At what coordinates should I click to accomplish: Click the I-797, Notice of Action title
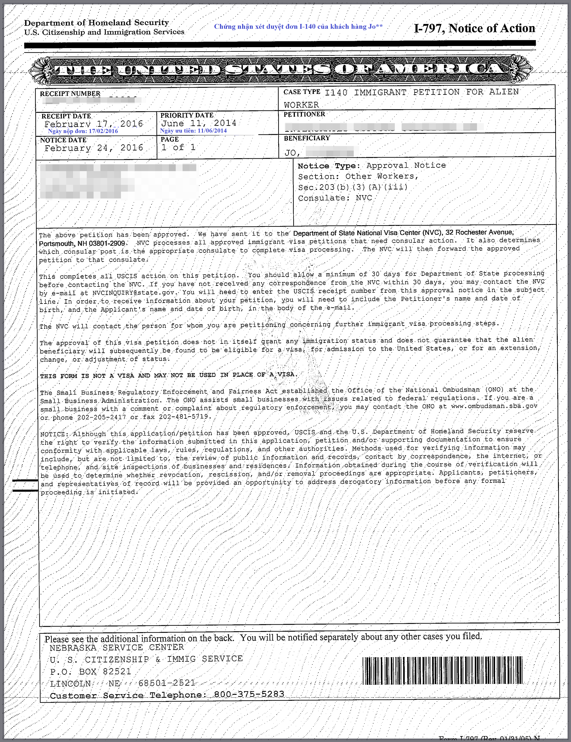(x=474, y=28)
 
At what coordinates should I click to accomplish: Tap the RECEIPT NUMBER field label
(x=70, y=93)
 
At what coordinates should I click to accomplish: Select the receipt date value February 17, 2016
(x=94, y=124)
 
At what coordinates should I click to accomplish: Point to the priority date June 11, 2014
(x=199, y=123)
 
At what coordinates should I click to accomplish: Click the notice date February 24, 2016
(x=94, y=148)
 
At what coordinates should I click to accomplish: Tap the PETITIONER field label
(x=304, y=114)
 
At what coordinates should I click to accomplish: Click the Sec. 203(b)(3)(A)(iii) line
(x=352, y=187)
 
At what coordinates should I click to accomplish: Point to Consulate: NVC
(x=335, y=198)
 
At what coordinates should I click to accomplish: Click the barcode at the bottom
(x=442, y=670)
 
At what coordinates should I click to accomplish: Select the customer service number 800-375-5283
(x=249, y=694)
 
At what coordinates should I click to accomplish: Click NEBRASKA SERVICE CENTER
(x=117, y=647)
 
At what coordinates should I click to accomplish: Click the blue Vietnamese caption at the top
(x=298, y=26)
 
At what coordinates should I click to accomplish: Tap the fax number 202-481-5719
(x=185, y=417)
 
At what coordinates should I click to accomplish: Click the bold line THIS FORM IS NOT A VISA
(x=168, y=375)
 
